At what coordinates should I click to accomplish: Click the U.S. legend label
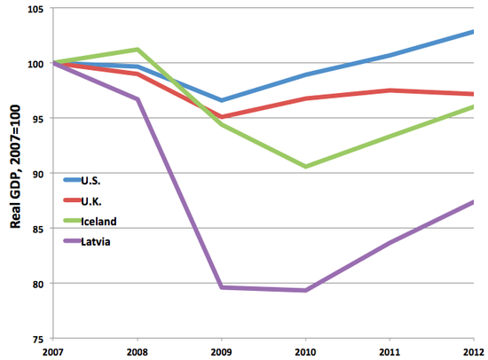tap(91, 179)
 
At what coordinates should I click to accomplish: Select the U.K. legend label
tap(91, 200)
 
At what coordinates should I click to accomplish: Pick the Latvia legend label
tap(96, 240)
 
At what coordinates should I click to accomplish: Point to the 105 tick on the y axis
tap(36, 9)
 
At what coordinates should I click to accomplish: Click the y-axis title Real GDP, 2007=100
tap(15, 175)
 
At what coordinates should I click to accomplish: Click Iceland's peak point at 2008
tap(138, 49)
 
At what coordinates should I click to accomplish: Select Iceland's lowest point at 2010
tap(305, 167)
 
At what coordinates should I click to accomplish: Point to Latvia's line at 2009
tap(221, 287)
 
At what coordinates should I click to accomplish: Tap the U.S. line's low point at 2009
tap(221, 100)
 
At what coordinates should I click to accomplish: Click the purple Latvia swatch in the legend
tap(71, 240)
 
